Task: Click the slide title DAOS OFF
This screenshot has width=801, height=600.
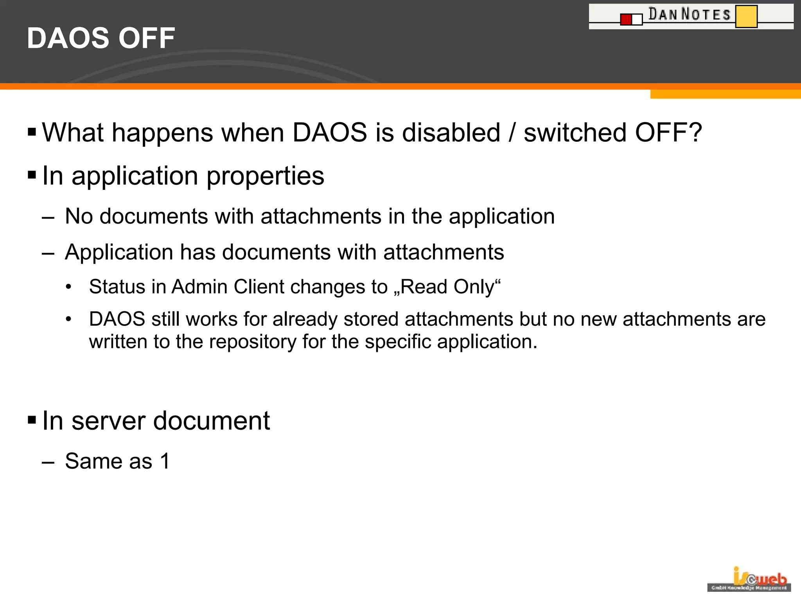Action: pos(101,38)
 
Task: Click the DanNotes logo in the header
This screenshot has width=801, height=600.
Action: pos(691,16)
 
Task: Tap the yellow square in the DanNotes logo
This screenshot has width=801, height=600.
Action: pos(746,16)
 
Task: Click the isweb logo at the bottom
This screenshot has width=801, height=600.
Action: pos(749,579)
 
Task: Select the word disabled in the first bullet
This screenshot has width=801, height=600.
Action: pos(451,133)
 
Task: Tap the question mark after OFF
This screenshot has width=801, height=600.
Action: pos(694,133)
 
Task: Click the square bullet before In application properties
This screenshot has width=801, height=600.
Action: pos(32,175)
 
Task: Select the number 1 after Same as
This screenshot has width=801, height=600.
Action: pos(165,461)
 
